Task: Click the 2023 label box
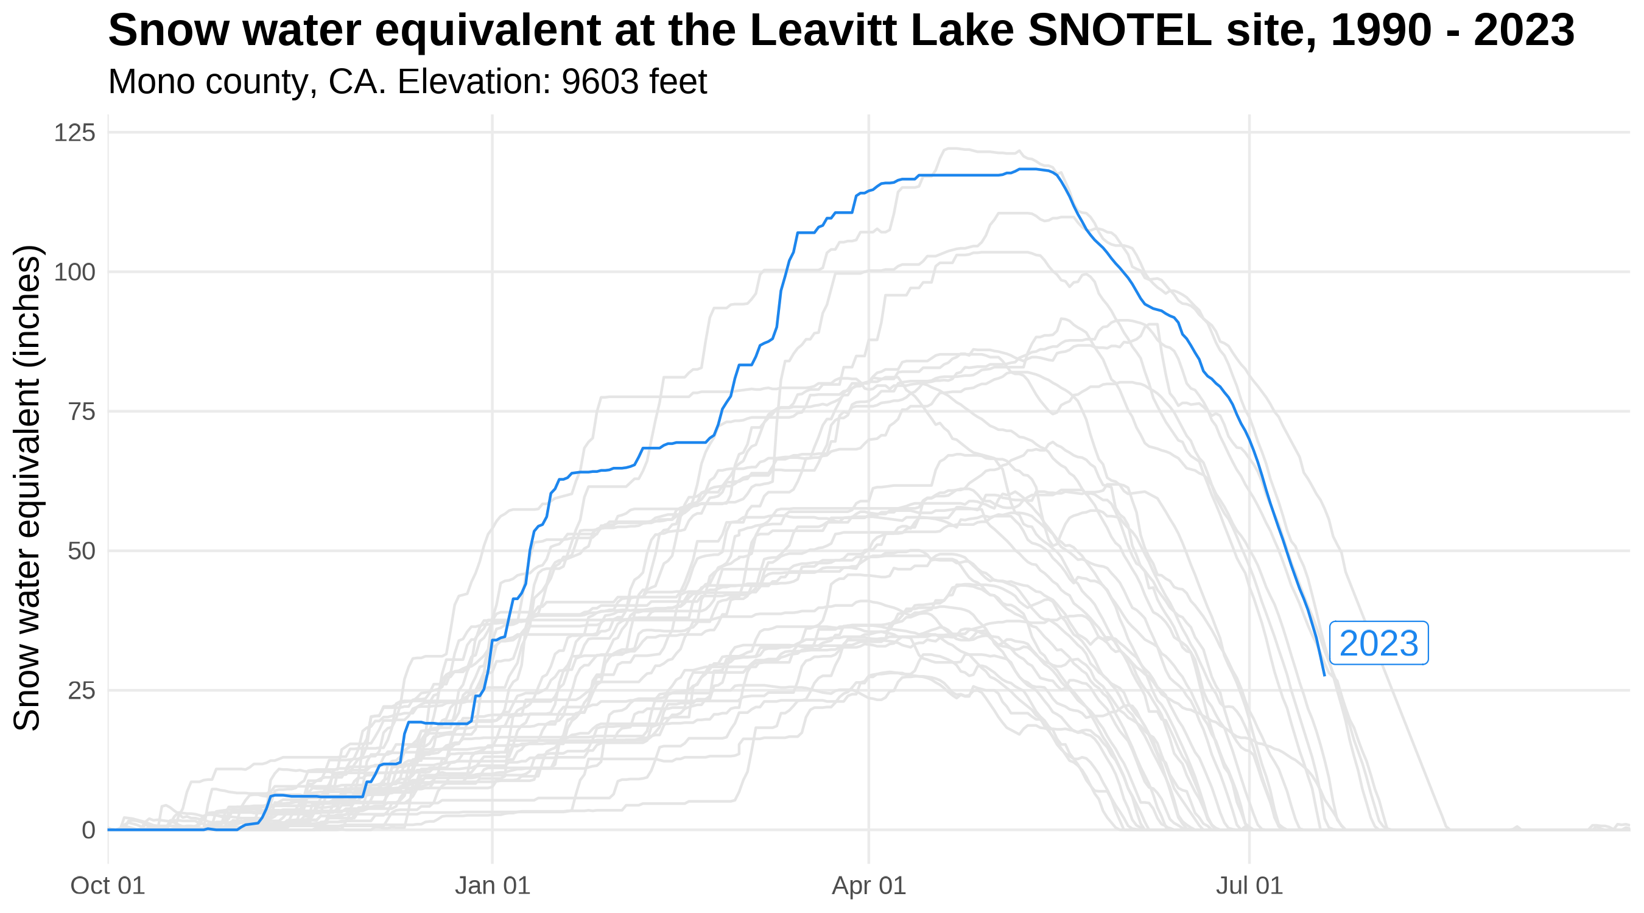[x=1379, y=643]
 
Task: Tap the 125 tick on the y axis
[x=75, y=133]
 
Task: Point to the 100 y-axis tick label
[x=75, y=273]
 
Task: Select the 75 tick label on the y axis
[x=81, y=412]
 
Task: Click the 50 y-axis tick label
[x=81, y=551]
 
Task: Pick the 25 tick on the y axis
[x=81, y=690]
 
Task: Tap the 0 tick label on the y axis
[x=88, y=830]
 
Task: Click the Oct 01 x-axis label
[x=108, y=886]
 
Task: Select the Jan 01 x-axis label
[x=492, y=886]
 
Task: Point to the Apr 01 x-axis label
[x=869, y=886]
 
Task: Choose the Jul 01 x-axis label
[x=1249, y=886]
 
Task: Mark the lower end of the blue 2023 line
[x=1324, y=675]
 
